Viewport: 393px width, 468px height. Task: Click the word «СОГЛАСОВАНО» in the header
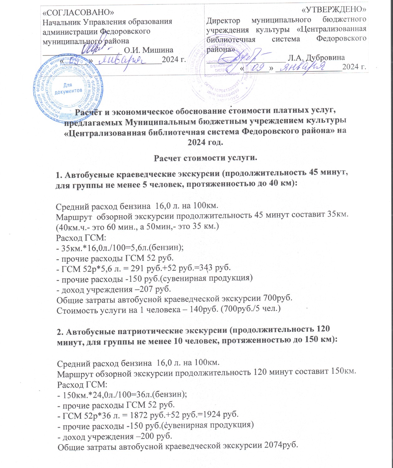click(x=78, y=12)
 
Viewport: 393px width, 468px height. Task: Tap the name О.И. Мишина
click(x=149, y=50)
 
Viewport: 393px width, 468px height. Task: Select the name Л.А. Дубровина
click(x=316, y=58)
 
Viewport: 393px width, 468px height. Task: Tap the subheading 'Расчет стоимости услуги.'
click(x=206, y=158)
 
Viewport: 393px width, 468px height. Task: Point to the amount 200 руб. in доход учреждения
click(x=155, y=436)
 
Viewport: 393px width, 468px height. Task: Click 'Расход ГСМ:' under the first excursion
click(x=81, y=238)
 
